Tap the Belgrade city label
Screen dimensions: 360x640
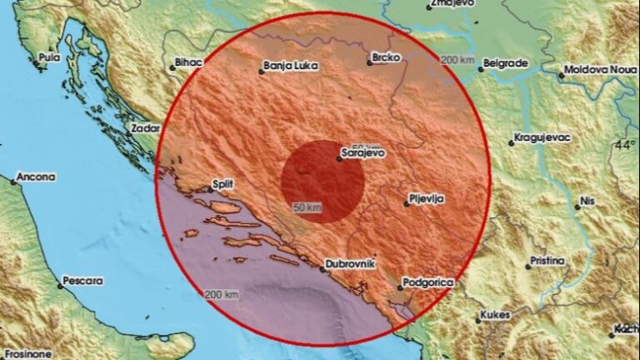(507, 62)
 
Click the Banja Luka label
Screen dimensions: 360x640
(288, 64)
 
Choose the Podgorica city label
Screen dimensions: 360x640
(428, 283)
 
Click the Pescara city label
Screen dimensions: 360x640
(85, 281)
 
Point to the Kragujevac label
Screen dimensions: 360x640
(542, 137)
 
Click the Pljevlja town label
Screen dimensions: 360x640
(427, 199)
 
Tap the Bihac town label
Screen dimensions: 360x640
(188, 62)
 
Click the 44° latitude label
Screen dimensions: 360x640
(625, 145)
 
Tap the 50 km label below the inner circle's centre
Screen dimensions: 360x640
(307, 207)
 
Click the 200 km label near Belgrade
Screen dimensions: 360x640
(457, 60)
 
